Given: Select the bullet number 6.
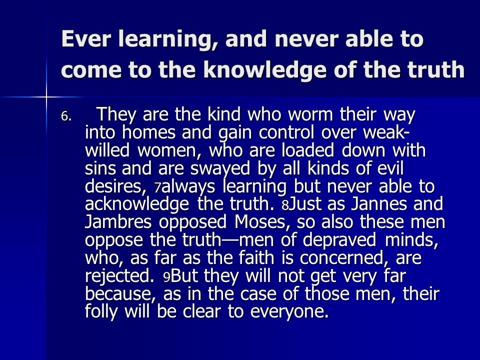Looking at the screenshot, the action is (x=66, y=116).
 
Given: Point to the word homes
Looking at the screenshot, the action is (x=148, y=132).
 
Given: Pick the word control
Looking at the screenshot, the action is (x=286, y=132).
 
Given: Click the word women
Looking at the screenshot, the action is (x=169, y=150).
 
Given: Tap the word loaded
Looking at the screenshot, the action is (x=307, y=150).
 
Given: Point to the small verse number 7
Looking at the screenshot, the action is (x=157, y=188).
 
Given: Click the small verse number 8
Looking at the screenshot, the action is (x=285, y=205).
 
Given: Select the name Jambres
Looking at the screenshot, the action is (x=118, y=221).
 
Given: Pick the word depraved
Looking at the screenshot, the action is (x=339, y=240).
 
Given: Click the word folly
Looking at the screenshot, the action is (x=101, y=312).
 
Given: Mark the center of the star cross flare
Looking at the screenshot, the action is (x=46, y=97).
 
